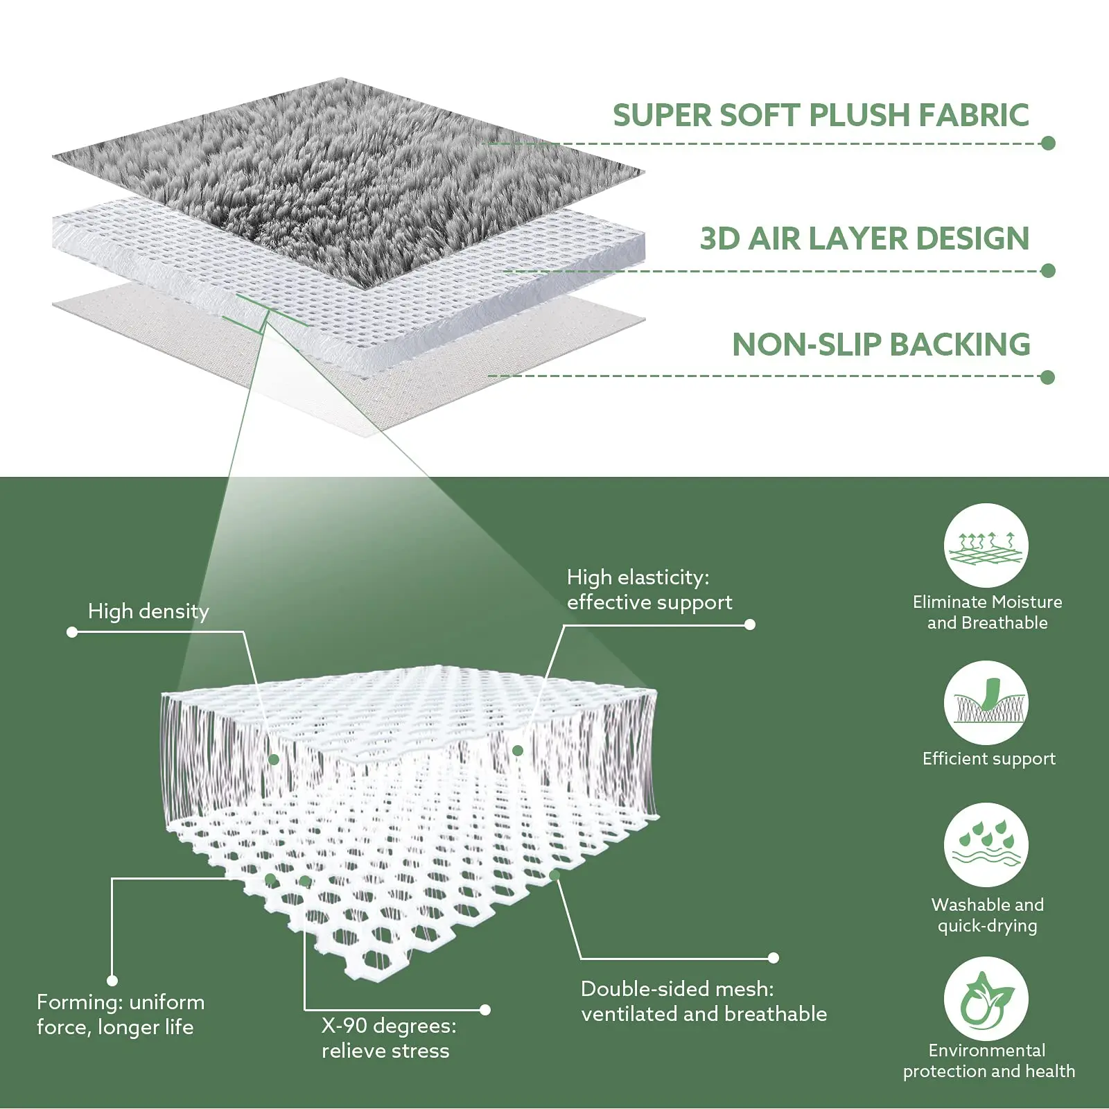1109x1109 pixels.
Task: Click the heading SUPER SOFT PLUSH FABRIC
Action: (x=821, y=115)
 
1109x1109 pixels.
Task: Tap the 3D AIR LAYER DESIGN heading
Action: (x=864, y=238)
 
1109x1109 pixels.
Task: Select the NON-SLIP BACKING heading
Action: (x=881, y=344)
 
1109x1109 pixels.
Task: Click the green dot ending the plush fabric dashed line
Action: (x=1048, y=143)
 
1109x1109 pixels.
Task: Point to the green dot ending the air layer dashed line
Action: (x=1048, y=270)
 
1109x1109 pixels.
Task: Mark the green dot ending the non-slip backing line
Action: (x=1047, y=377)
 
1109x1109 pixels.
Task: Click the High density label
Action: (x=148, y=611)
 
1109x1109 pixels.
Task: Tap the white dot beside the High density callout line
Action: (x=72, y=632)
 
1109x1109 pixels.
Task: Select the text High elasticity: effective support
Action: (x=649, y=590)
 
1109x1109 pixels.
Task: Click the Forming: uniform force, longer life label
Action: (x=121, y=1015)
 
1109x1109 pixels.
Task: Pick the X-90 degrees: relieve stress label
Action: (x=388, y=1038)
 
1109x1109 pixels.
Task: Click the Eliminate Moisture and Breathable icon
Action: (x=986, y=545)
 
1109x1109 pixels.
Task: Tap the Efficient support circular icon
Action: (x=986, y=703)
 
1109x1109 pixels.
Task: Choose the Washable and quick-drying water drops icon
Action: (x=986, y=845)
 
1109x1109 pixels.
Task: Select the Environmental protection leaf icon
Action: (x=986, y=999)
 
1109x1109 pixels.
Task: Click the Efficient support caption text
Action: (x=988, y=759)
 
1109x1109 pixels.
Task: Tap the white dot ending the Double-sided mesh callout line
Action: (x=774, y=958)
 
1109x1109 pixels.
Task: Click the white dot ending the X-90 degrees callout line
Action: (x=485, y=1010)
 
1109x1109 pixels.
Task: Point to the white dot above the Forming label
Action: (x=112, y=980)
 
